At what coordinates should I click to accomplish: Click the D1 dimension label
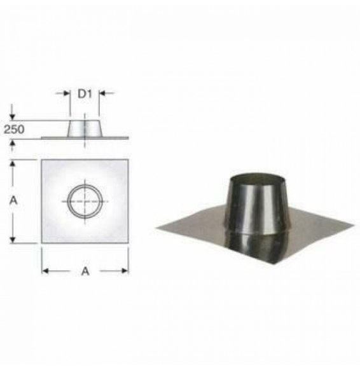click(85, 94)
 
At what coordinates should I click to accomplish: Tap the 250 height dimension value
click(14, 129)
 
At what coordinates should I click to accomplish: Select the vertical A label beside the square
click(13, 200)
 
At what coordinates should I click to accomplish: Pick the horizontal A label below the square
click(85, 271)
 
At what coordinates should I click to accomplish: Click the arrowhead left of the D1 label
click(67, 93)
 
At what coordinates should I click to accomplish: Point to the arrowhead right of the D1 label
click(102, 93)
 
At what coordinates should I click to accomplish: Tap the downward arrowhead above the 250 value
click(12, 117)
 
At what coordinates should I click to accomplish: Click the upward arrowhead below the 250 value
click(12, 143)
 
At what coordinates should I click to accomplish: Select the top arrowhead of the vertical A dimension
click(13, 163)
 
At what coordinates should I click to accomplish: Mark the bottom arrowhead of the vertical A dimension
click(13, 240)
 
